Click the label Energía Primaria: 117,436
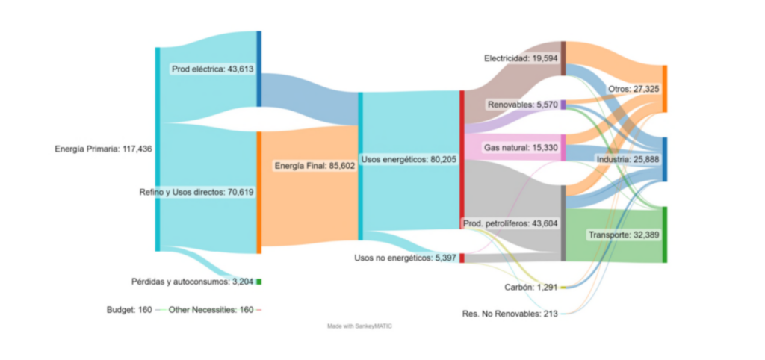click(103, 149)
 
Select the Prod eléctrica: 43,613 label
click(213, 69)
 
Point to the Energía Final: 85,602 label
click(314, 165)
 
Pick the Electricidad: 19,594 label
click(521, 58)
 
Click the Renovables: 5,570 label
click(522, 105)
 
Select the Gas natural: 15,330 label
click(521, 148)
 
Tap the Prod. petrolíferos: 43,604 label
click(510, 223)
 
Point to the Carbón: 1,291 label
click(529, 287)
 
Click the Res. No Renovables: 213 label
click(510, 314)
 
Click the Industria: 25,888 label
click(628, 160)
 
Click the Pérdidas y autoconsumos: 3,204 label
click(192, 282)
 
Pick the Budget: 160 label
click(129, 309)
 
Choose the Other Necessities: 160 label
click(211, 309)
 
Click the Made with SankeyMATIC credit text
click(359, 326)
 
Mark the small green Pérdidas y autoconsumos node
click(258, 282)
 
